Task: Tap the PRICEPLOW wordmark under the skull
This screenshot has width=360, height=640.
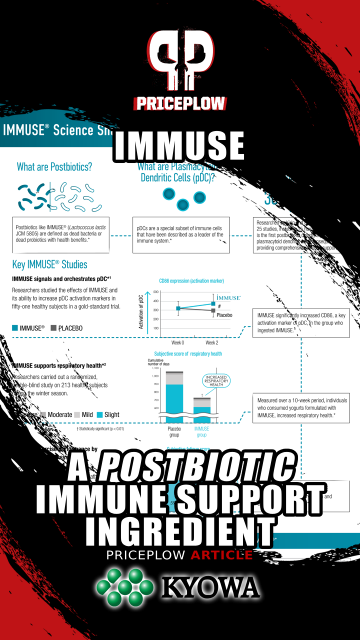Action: coord(180,103)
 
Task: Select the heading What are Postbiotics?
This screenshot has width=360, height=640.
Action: coord(54,167)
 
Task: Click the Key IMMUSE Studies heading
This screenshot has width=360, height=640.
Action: coord(50,264)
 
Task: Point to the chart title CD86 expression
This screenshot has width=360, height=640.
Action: coord(191,281)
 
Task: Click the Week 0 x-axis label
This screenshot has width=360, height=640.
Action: coord(178,343)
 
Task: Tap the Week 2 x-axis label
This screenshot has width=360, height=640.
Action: coord(212,343)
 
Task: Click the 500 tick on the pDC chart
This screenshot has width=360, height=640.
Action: coord(155,292)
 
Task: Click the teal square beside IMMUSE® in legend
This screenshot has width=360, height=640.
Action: coord(15,328)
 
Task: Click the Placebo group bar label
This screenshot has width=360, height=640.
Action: coord(174,431)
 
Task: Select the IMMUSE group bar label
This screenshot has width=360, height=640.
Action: coord(202,431)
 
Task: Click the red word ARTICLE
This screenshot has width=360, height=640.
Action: coord(221,554)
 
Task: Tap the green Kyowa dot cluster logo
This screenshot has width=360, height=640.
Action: coord(125,587)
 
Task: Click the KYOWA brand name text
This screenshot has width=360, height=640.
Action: coord(210,587)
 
